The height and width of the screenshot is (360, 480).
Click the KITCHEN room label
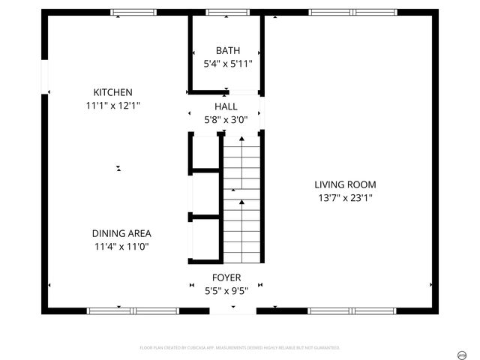click(112, 92)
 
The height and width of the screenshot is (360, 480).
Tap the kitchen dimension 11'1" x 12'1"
click(112, 106)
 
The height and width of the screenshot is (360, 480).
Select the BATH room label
click(227, 51)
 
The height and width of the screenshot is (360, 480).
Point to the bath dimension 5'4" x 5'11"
click(227, 64)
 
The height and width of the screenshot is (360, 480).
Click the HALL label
click(226, 107)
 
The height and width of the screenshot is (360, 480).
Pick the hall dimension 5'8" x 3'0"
click(226, 120)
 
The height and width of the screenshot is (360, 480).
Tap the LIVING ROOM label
click(345, 184)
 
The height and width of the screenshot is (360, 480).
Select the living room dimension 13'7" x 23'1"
click(345, 198)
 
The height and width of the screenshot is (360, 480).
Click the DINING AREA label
click(121, 233)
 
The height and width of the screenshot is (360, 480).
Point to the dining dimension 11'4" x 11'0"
click(121, 247)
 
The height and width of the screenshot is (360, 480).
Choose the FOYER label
click(226, 277)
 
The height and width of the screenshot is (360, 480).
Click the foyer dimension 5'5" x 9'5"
click(226, 290)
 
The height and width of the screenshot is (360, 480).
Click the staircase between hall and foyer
click(241, 199)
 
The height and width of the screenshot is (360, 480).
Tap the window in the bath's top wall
click(217, 13)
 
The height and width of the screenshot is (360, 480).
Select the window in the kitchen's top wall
click(133, 13)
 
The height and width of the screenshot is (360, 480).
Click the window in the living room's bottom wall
click(352, 310)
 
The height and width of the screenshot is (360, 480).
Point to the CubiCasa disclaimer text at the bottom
click(240, 348)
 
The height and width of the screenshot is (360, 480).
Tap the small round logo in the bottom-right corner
click(462, 353)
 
